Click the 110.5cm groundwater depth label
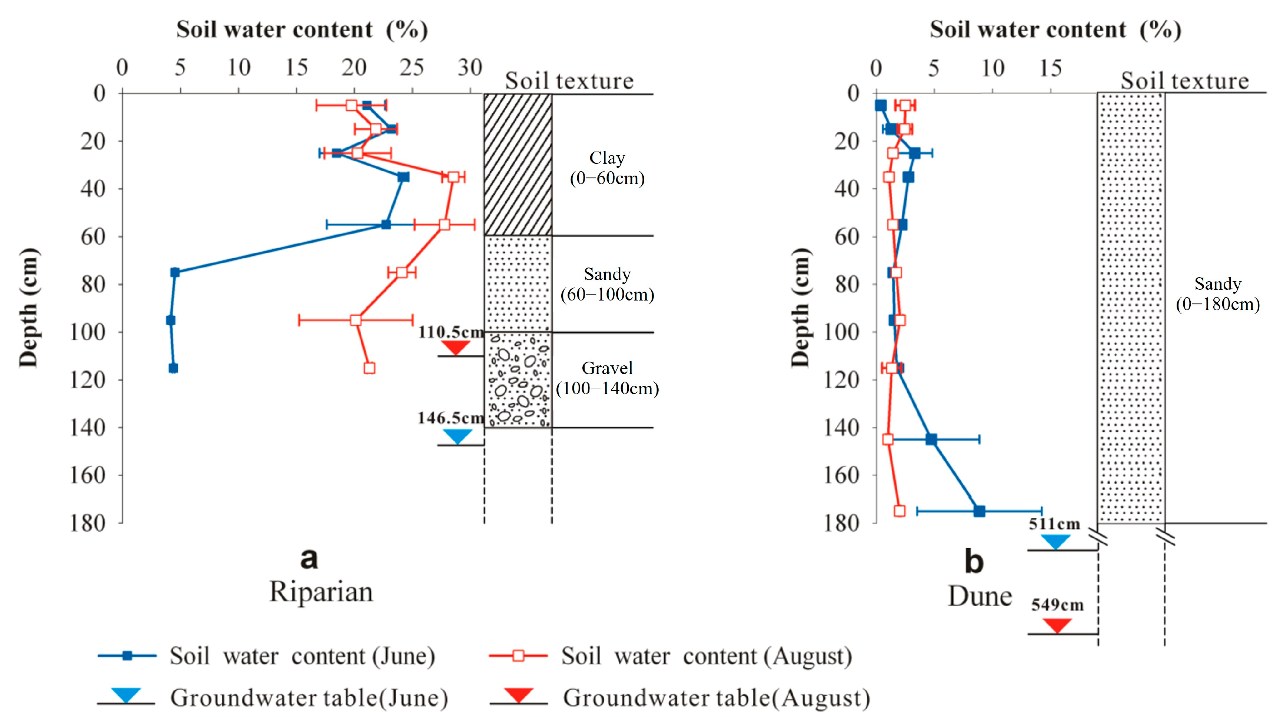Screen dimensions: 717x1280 (451, 332)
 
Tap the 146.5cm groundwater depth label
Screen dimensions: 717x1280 (451, 418)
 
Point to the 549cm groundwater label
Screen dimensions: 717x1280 (1057, 605)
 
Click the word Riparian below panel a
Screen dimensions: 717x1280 (321, 592)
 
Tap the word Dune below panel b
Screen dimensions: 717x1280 (980, 596)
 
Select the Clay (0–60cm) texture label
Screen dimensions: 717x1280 (607, 168)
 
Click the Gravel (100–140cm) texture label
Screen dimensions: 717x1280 (607, 378)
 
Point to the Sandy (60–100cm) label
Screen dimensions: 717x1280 (607, 284)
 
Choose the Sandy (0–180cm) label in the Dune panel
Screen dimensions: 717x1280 (1217, 294)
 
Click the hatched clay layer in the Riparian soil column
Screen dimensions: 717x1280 (518, 164)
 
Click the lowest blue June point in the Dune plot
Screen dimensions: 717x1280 (979, 511)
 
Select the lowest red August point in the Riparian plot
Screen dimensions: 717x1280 (369, 368)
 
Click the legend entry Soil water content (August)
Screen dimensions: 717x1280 (706, 656)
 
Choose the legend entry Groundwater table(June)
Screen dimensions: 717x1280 (308, 698)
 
